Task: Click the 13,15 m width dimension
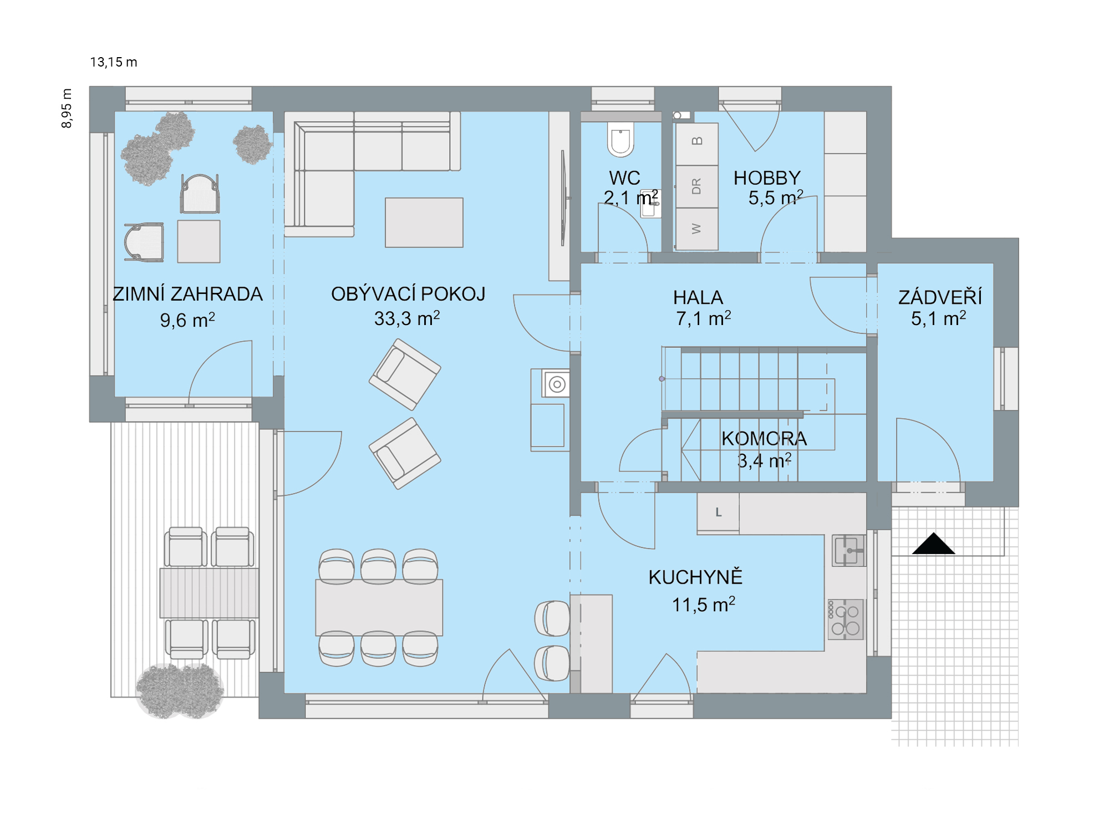pyautogui.click(x=114, y=62)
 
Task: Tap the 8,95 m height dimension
pyautogui.click(x=67, y=109)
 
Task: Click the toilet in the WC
pyautogui.click(x=620, y=140)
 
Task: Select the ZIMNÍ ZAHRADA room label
pyautogui.click(x=187, y=294)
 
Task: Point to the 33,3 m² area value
pyautogui.click(x=407, y=318)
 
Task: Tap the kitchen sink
pyautogui.click(x=848, y=550)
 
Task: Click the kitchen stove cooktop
pyautogui.click(x=846, y=620)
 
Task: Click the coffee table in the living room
pyautogui.click(x=424, y=222)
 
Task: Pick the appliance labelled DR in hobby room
pyautogui.click(x=697, y=186)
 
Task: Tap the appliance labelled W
pyautogui.click(x=697, y=229)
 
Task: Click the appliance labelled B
pyautogui.click(x=697, y=144)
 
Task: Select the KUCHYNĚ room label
pyautogui.click(x=695, y=577)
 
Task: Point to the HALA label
pyautogui.click(x=698, y=298)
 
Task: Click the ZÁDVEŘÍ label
pyautogui.click(x=940, y=297)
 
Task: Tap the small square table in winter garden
pyautogui.click(x=199, y=241)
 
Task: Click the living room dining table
pyautogui.click(x=379, y=607)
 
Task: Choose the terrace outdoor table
pyautogui.click(x=209, y=592)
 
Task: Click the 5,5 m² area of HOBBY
pyautogui.click(x=776, y=197)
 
